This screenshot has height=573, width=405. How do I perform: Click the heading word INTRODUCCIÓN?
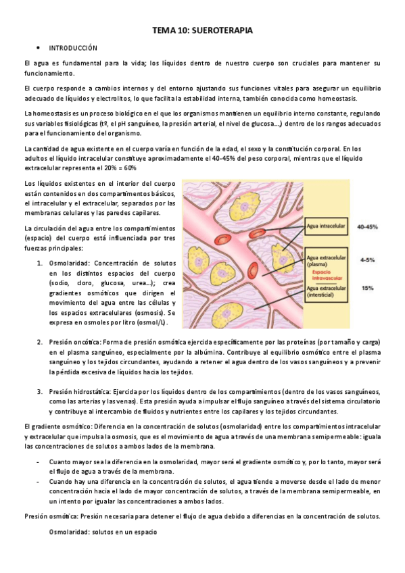pyautogui.click(x=74, y=48)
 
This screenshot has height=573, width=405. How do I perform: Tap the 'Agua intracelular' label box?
pyautogui.click(x=326, y=226)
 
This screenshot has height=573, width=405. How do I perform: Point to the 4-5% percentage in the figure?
pyautogui.click(x=367, y=259)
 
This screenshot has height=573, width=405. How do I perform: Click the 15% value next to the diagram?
pyautogui.click(x=367, y=289)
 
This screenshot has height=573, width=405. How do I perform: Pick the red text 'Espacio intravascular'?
pyautogui.click(x=326, y=277)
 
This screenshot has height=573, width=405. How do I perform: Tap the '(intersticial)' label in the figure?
pyautogui.click(x=322, y=295)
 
